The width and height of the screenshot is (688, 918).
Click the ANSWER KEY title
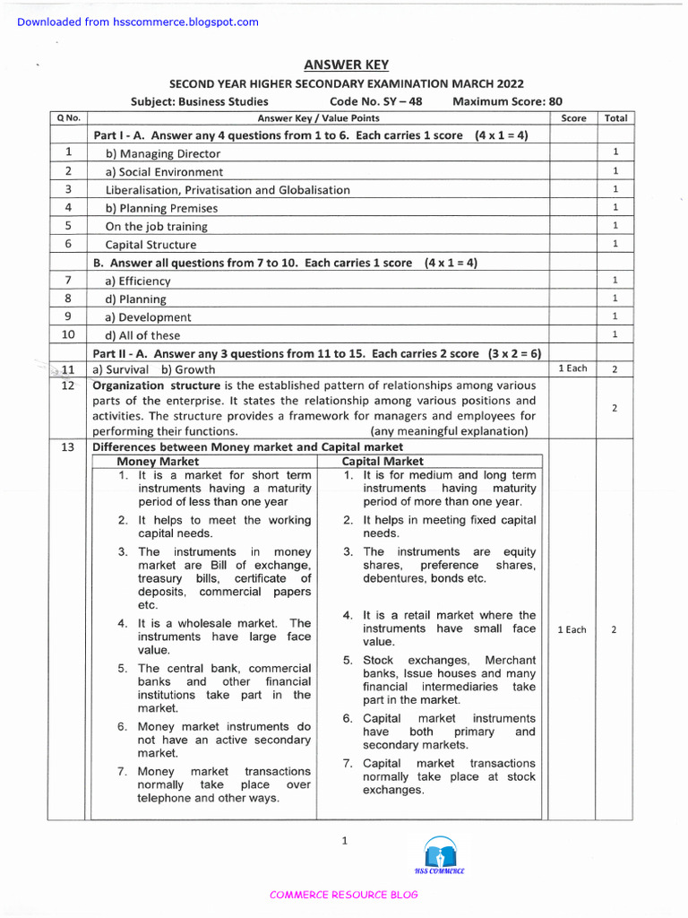click(x=344, y=64)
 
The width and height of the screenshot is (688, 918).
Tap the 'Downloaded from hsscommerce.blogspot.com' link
click(x=138, y=22)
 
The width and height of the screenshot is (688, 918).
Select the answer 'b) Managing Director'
click(x=162, y=153)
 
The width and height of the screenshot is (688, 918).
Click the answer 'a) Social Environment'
click(x=164, y=171)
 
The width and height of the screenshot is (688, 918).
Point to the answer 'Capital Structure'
click(x=150, y=244)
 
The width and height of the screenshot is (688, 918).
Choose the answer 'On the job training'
click(x=156, y=226)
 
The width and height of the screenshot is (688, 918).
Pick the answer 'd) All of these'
click(x=142, y=335)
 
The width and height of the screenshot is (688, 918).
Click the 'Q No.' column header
click(x=68, y=118)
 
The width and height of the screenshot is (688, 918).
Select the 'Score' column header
click(x=573, y=118)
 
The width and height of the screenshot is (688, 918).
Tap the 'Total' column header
click(x=615, y=118)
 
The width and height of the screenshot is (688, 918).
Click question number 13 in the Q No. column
click(x=68, y=447)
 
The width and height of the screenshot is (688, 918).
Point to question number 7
click(x=68, y=281)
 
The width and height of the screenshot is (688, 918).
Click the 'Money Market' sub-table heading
click(x=159, y=462)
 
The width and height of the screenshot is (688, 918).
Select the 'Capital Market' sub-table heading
click(x=383, y=462)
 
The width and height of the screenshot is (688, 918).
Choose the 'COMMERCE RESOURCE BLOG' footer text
click(x=344, y=895)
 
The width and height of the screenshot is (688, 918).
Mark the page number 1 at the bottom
click(x=344, y=840)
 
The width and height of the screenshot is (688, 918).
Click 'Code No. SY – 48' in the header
click(x=375, y=101)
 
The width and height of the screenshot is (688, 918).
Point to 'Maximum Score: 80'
click(x=507, y=101)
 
